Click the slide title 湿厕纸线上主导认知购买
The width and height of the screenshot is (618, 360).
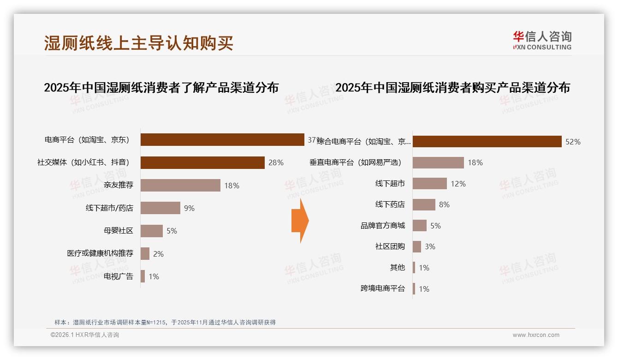(x=138, y=43)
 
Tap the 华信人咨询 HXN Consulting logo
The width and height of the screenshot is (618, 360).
(x=541, y=40)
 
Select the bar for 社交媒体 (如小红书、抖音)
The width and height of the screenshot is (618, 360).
(x=202, y=162)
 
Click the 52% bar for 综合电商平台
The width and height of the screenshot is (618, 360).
(x=487, y=141)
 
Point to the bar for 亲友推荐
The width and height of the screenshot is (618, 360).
(x=180, y=185)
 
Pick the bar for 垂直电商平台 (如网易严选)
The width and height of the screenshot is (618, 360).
(x=438, y=162)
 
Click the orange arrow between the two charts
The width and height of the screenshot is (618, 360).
(x=300, y=221)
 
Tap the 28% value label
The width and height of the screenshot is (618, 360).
(x=276, y=162)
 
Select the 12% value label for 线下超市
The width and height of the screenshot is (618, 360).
(x=458, y=184)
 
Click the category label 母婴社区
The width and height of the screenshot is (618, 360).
(x=119, y=231)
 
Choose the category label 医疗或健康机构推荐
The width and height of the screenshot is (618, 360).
(x=100, y=253)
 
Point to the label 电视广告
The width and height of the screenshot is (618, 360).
(x=119, y=276)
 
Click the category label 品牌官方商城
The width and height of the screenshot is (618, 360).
(x=383, y=226)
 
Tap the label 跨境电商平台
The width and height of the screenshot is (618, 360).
(x=383, y=289)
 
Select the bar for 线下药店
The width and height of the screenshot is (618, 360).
(x=424, y=204)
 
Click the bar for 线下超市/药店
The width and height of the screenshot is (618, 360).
(x=160, y=208)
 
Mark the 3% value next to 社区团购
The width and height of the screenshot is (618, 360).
(x=430, y=247)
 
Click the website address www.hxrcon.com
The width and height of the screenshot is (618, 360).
(x=536, y=335)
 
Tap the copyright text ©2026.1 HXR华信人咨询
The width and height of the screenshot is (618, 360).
(x=85, y=335)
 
